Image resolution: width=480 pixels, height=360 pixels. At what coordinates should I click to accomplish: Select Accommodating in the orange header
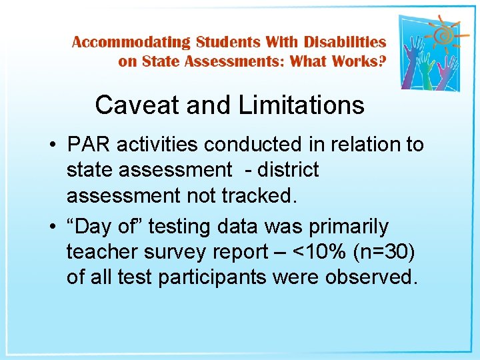131,43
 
